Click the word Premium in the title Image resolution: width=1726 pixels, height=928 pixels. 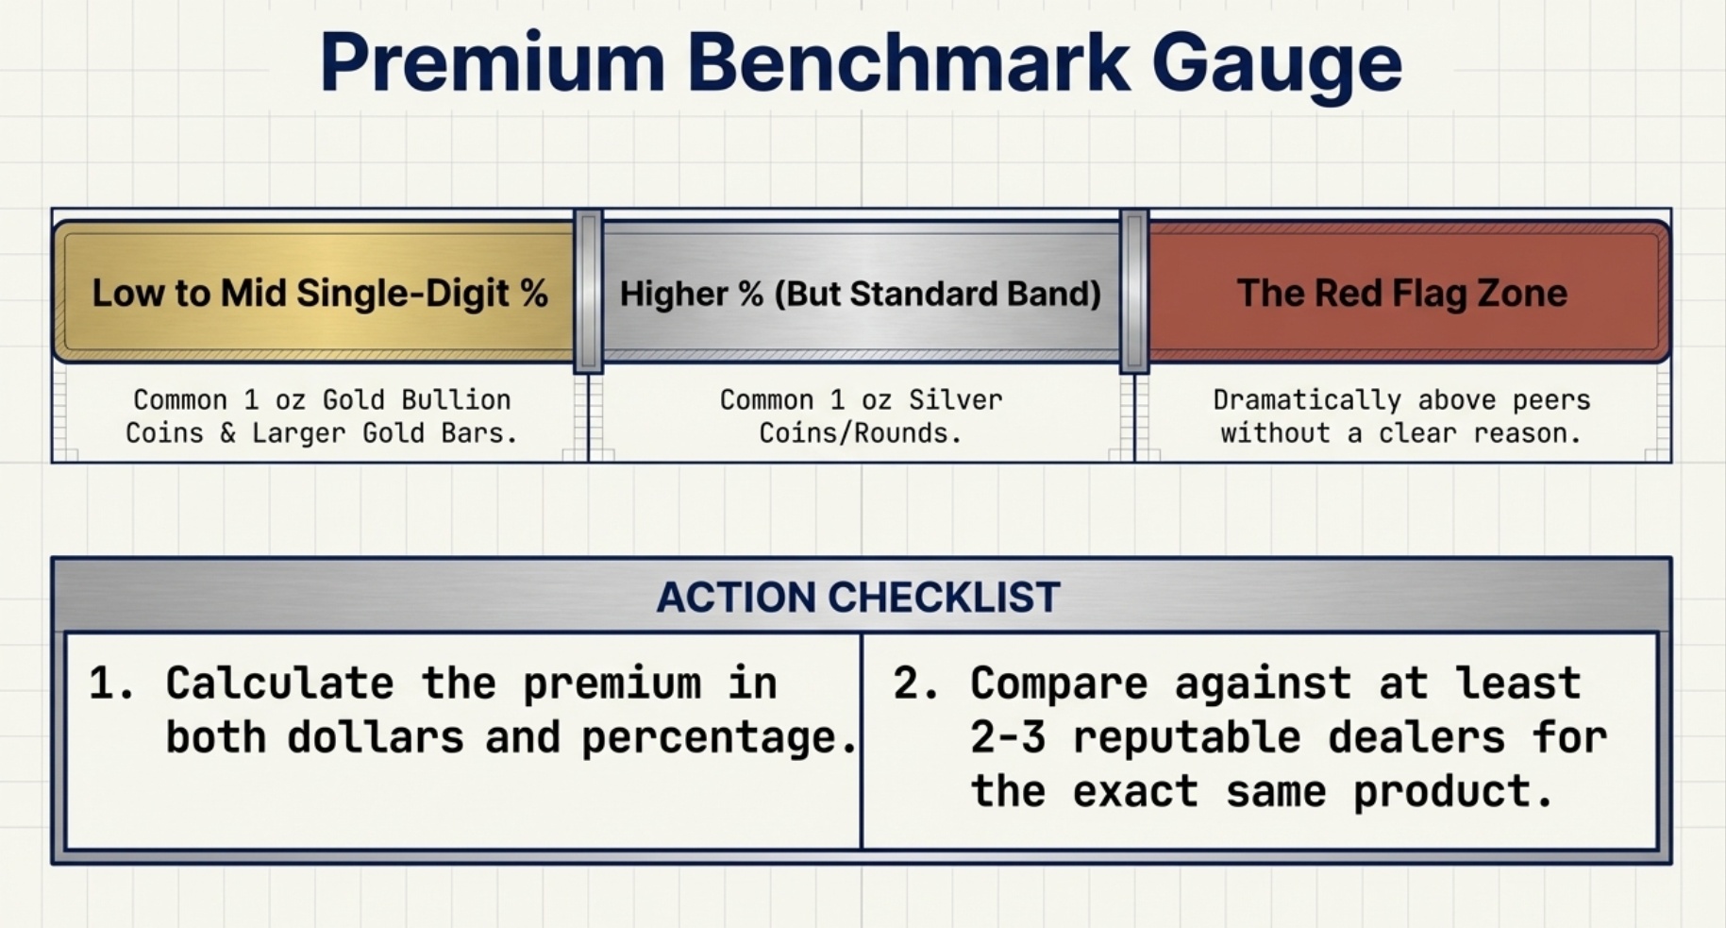[x=493, y=62]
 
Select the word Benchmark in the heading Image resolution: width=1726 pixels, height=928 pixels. [x=909, y=62]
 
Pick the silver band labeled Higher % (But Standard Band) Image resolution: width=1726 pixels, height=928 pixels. [x=861, y=292]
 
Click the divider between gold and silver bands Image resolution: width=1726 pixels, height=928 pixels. [x=589, y=292]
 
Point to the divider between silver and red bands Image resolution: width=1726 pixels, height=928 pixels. [x=1134, y=292]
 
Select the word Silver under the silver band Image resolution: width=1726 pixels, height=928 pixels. [x=955, y=400]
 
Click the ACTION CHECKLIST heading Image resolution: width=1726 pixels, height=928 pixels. [x=859, y=597]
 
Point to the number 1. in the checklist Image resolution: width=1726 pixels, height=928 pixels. [x=112, y=683]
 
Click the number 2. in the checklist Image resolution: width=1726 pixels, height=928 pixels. [x=916, y=683]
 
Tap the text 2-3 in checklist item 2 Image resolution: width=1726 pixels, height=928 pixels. [x=1008, y=737]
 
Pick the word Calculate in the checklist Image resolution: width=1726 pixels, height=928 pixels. [x=279, y=683]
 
